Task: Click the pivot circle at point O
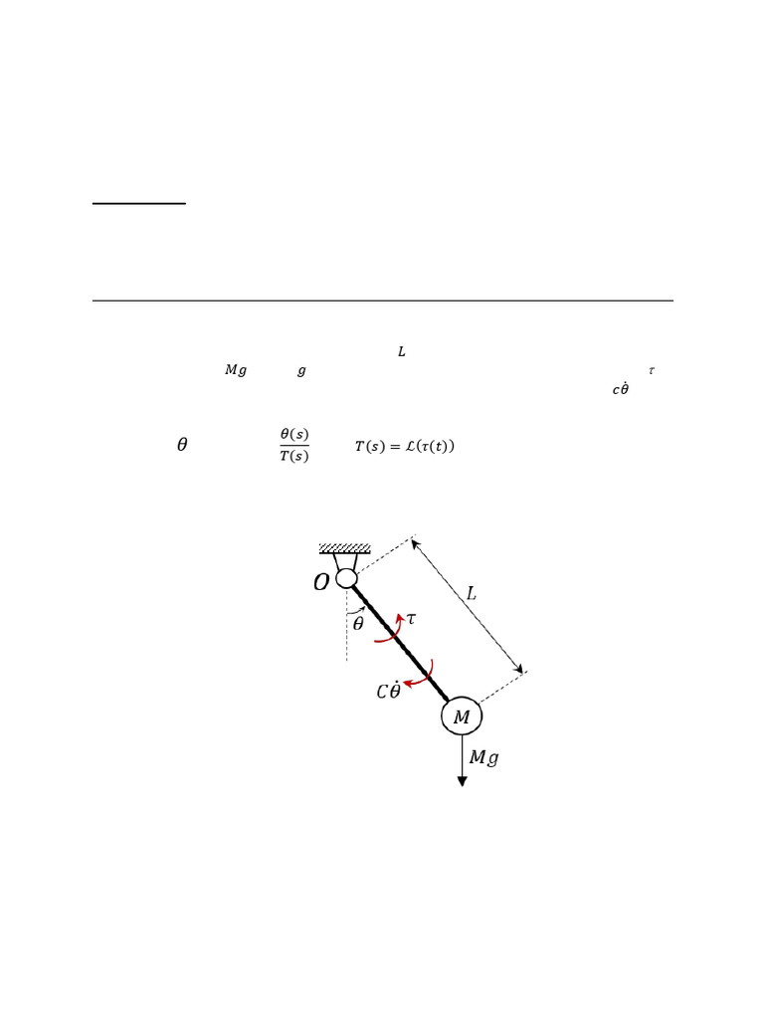pyautogui.click(x=346, y=578)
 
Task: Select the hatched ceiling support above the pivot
pyautogui.click(x=344, y=548)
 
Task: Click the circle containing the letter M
pyautogui.click(x=462, y=716)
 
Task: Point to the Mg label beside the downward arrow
pyautogui.click(x=483, y=758)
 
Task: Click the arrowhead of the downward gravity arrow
pyautogui.click(x=462, y=780)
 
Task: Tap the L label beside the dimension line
pyautogui.click(x=472, y=594)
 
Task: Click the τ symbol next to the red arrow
pyautogui.click(x=411, y=618)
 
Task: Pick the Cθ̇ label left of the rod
pyautogui.click(x=388, y=691)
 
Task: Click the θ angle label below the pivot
pyautogui.click(x=358, y=625)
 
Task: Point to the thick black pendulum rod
pyautogui.click(x=398, y=641)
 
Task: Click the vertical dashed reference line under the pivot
pyautogui.click(x=346, y=637)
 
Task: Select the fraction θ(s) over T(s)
pyautogui.click(x=294, y=445)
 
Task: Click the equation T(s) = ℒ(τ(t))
pyautogui.click(x=404, y=447)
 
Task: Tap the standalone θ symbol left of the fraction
pyautogui.click(x=182, y=445)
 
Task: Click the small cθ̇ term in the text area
pyautogui.click(x=620, y=389)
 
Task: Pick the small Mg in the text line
pyautogui.click(x=235, y=370)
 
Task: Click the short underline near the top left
pyautogui.click(x=139, y=203)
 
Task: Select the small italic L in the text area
pyautogui.click(x=401, y=352)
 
